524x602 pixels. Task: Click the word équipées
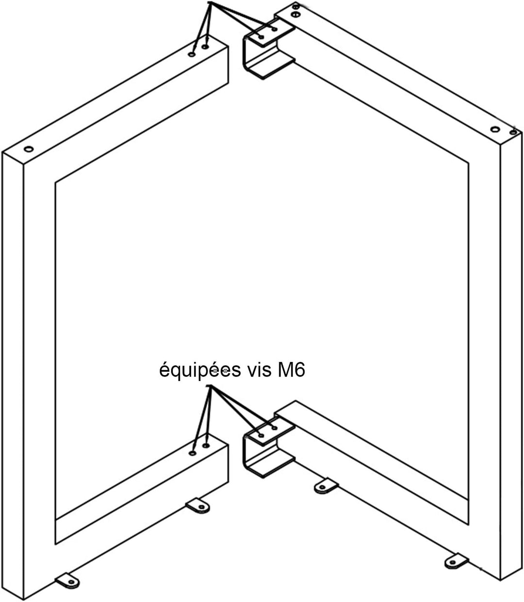[x=200, y=371]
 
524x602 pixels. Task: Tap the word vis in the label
[x=259, y=370]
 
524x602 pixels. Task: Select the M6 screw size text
[x=291, y=370]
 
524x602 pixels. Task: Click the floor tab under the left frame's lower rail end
[x=197, y=506]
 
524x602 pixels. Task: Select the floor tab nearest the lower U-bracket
[x=326, y=486]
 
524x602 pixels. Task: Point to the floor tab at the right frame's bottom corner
[x=456, y=561]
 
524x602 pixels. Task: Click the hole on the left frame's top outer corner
[x=29, y=149]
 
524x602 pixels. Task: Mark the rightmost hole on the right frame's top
[x=513, y=132]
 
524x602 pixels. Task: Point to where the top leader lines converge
[x=210, y=2]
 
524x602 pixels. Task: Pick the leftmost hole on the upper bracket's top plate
[x=261, y=37]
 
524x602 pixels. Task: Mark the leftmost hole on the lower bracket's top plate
[x=261, y=435]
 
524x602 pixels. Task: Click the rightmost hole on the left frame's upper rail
[x=205, y=47]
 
